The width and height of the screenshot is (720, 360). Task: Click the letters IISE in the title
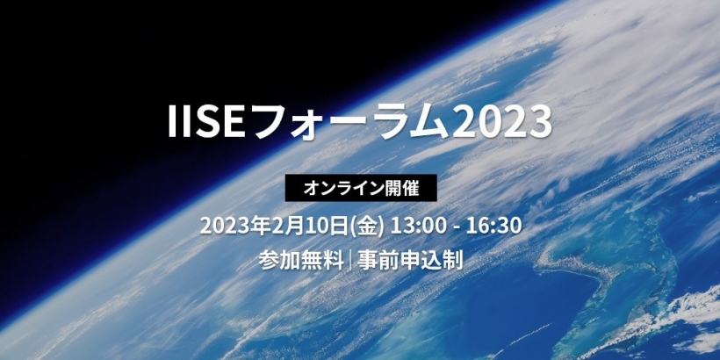(206, 122)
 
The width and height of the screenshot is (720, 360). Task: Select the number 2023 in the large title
(502, 122)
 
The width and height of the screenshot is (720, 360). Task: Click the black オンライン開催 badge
(361, 188)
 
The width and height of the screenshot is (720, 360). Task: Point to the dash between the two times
(456, 227)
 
